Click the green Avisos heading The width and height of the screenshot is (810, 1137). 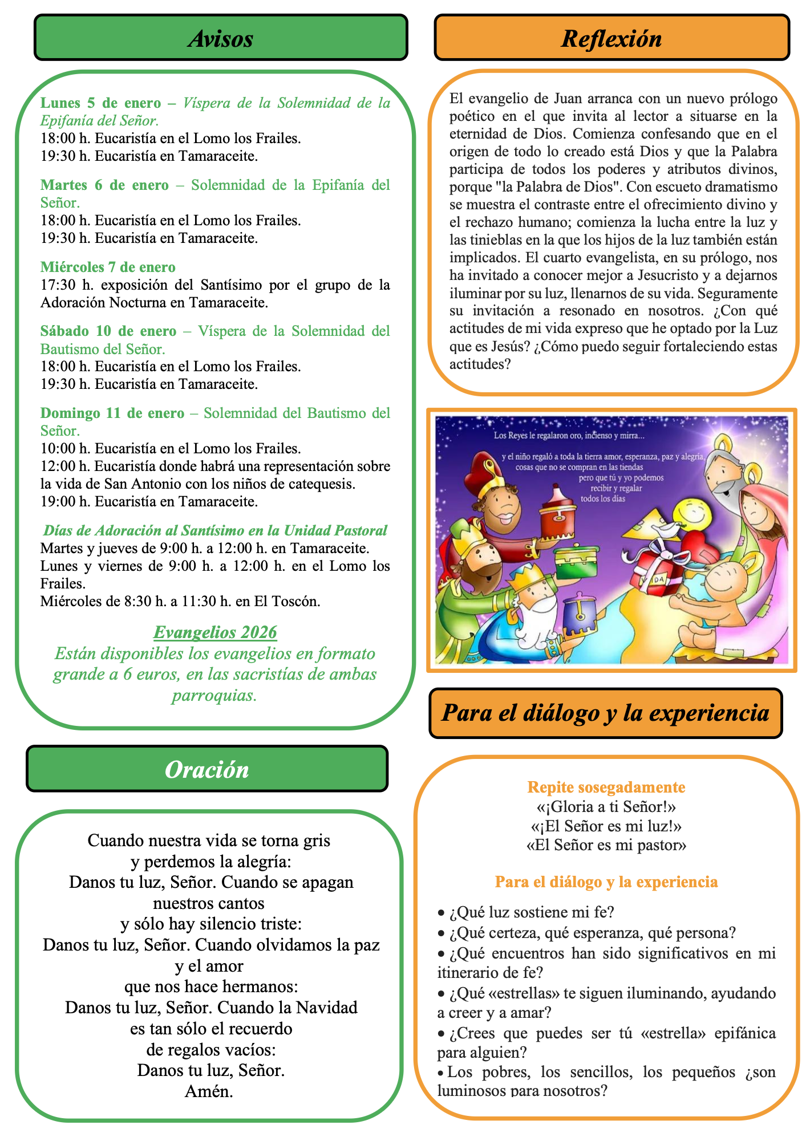[221, 38]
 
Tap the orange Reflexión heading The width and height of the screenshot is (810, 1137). [611, 38]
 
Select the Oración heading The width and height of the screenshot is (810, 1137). [206, 769]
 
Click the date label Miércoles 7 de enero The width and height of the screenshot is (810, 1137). [108, 267]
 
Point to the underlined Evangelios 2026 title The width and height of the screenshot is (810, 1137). [215, 632]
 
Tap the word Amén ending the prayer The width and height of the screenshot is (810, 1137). [209, 1091]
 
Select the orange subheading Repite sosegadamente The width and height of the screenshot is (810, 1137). [606, 787]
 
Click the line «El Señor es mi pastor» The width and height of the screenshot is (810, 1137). [606, 845]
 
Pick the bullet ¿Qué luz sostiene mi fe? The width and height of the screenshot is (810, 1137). [531, 912]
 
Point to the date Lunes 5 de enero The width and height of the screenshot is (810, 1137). [100, 103]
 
